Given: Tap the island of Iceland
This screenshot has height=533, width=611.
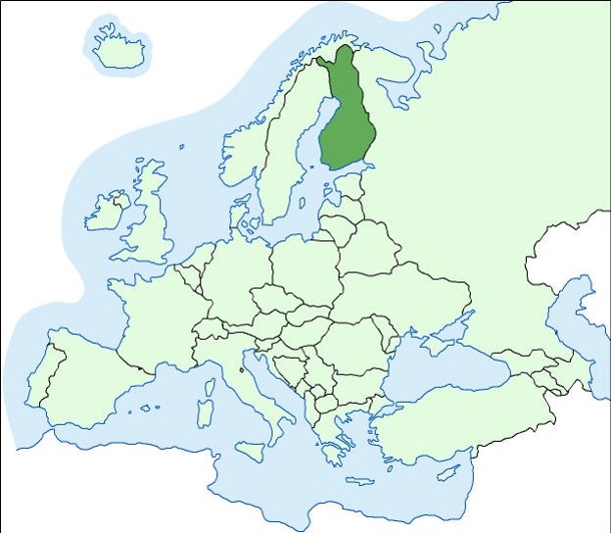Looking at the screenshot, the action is pyautogui.click(x=118, y=49).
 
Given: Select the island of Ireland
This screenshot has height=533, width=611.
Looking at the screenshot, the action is pyautogui.click(x=106, y=213).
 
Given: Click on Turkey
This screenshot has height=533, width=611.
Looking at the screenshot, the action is pyautogui.click(x=460, y=416).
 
